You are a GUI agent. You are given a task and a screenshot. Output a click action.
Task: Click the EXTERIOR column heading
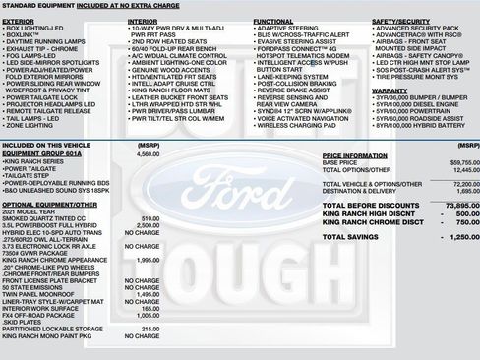[x=19, y=19]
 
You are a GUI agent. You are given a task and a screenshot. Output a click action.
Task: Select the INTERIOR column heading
[x=144, y=19]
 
